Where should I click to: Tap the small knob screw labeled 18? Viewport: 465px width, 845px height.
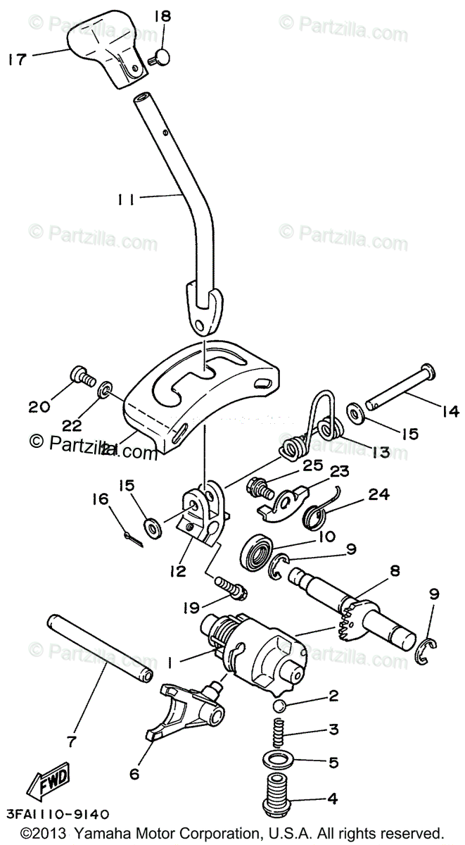(x=163, y=57)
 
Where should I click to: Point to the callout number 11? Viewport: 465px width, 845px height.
(x=127, y=199)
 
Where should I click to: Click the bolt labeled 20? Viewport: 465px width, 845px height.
(x=80, y=377)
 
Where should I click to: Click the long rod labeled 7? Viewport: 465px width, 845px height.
(x=98, y=649)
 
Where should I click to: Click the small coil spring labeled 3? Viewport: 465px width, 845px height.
(x=280, y=733)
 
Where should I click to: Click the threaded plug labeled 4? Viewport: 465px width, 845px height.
(x=281, y=798)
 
